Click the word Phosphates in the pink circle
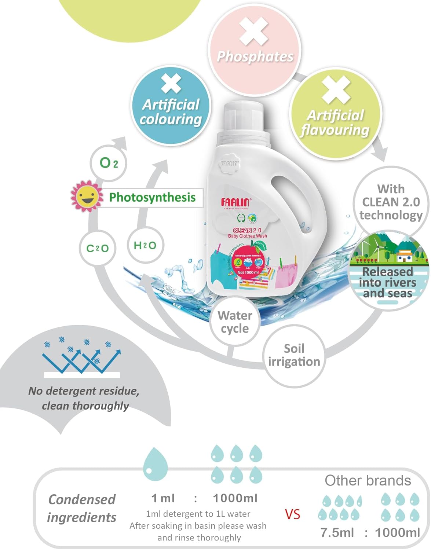(x=255, y=56)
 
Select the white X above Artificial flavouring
(x=336, y=90)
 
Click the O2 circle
(x=109, y=163)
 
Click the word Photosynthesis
(x=152, y=197)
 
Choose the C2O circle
(x=97, y=248)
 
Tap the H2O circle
(x=145, y=245)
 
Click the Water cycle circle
(x=235, y=322)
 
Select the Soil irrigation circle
(x=294, y=355)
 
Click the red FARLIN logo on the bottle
(x=235, y=202)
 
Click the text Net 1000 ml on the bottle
(x=248, y=272)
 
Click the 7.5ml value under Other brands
(x=337, y=532)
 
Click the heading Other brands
(x=368, y=480)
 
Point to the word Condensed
(x=82, y=499)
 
